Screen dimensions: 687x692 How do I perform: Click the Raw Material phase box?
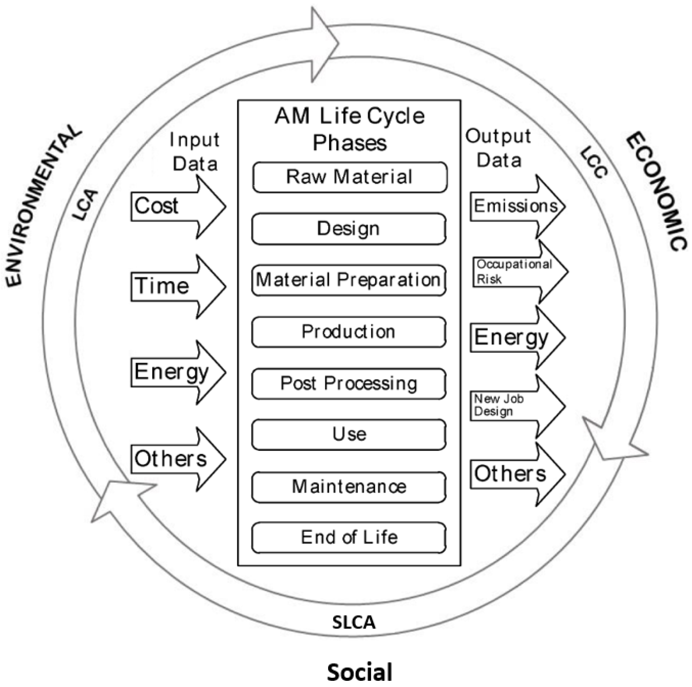tap(350, 177)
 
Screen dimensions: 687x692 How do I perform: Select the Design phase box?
tap(349, 229)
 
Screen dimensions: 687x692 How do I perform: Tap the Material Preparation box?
tap(349, 280)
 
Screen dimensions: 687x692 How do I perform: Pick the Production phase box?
tap(349, 332)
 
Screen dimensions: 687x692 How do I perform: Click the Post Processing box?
tap(349, 384)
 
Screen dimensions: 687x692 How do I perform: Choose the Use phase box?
tap(349, 435)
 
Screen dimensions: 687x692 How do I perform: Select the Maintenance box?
tap(349, 487)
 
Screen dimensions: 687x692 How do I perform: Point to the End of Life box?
tap(349, 538)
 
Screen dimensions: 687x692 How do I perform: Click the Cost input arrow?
tap(176, 207)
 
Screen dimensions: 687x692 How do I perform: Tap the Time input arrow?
tap(176, 287)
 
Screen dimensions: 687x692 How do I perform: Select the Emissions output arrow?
tap(516, 207)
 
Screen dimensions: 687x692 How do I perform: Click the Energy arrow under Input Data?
tap(176, 372)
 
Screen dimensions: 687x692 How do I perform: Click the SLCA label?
tap(353, 623)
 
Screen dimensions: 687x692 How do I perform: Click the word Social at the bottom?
tap(359, 672)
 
